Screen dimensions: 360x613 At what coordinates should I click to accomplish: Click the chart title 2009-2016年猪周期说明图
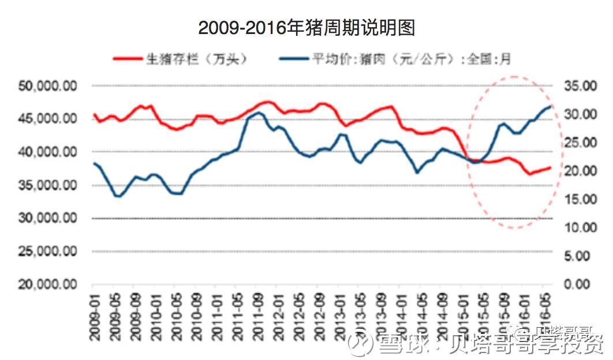306,27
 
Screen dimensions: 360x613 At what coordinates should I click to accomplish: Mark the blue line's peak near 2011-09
258,112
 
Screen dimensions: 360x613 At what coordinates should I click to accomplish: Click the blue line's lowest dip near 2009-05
118,196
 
